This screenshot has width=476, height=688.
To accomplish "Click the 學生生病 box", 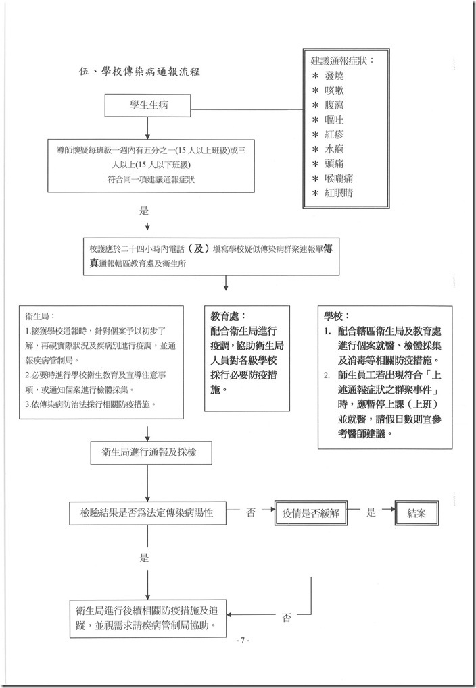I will pyautogui.click(x=147, y=104).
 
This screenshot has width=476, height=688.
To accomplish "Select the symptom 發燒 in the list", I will pyautogui.click(x=338, y=75).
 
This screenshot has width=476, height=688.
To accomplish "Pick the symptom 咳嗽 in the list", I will pyautogui.click(x=338, y=90).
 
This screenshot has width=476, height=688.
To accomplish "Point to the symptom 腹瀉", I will pyautogui.click(x=338, y=105).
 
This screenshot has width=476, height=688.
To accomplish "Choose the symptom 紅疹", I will pyautogui.click(x=338, y=134).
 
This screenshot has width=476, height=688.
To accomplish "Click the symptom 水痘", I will pyautogui.click(x=338, y=149).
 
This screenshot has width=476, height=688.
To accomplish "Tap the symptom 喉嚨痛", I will pyautogui.click(x=343, y=178).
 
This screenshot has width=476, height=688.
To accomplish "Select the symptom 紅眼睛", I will pyautogui.click(x=343, y=193).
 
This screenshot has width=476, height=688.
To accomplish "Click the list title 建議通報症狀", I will pyautogui.click(x=341, y=61).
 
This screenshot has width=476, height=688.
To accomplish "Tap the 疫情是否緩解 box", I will pyautogui.click(x=310, y=513).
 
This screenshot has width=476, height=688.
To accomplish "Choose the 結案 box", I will pyautogui.click(x=416, y=513).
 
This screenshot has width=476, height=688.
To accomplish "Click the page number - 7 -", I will pyautogui.click(x=240, y=640).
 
